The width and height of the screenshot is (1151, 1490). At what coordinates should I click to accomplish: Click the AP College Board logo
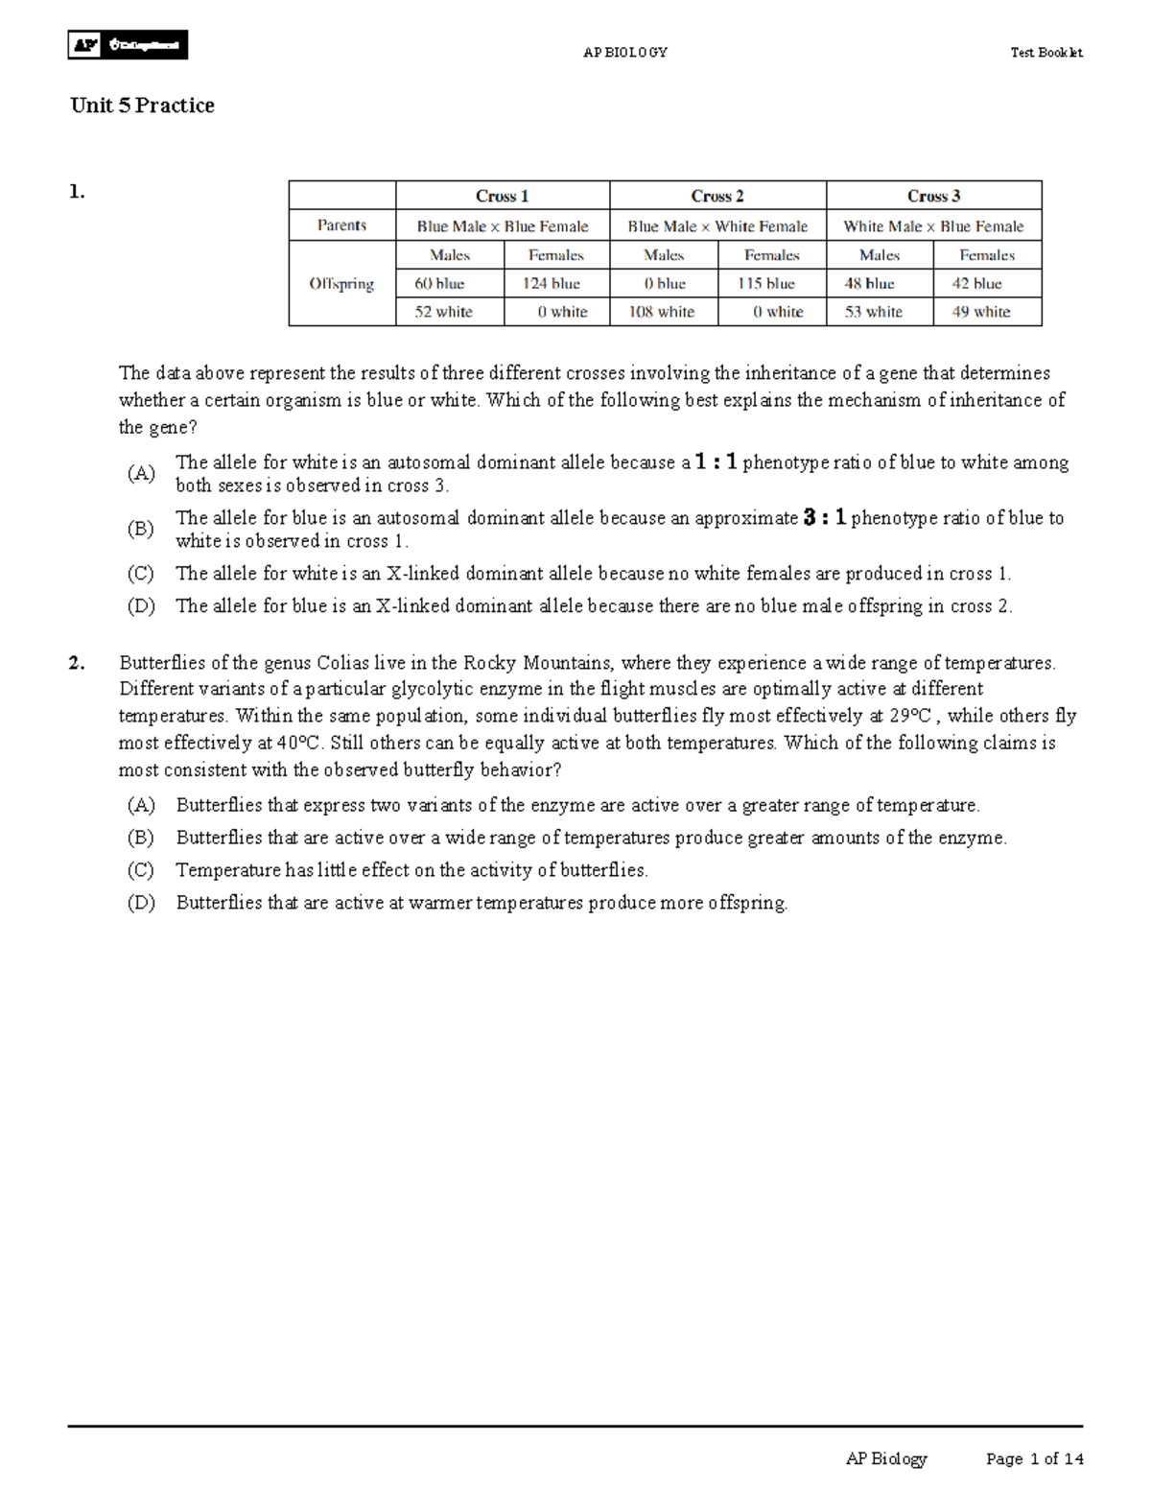[x=128, y=45]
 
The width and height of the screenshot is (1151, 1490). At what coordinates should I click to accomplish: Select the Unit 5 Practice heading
[x=142, y=106]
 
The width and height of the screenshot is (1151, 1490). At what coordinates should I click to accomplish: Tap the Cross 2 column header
[x=717, y=196]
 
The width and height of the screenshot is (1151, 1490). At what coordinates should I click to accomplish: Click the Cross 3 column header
[x=933, y=196]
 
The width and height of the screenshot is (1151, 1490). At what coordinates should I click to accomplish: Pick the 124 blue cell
[x=551, y=284]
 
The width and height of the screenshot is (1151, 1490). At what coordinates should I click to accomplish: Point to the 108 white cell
[x=662, y=312]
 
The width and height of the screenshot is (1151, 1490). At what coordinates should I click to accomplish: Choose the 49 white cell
[x=980, y=312]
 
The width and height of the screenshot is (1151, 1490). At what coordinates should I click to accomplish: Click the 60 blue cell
[x=439, y=284]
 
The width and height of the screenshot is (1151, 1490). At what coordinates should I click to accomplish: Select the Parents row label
[x=341, y=225]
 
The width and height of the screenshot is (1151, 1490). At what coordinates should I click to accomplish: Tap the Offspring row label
[x=341, y=284]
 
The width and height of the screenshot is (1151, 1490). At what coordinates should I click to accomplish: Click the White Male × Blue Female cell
[x=933, y=226]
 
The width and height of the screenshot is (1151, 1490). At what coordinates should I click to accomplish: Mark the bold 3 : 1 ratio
[x=825, y=518]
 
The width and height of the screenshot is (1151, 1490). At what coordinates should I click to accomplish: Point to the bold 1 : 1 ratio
[x=716, y=462]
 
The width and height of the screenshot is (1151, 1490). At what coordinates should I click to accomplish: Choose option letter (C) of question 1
[x=141, y=574]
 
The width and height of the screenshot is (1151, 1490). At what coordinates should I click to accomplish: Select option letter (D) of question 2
[x=141, y=903]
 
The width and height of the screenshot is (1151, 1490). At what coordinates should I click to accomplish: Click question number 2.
[x=77, y=662]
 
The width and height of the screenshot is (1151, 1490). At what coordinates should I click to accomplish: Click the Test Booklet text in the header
[x=1046, y=53]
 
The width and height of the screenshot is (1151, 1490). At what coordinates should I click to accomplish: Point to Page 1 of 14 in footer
[x=1035, y=1459]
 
